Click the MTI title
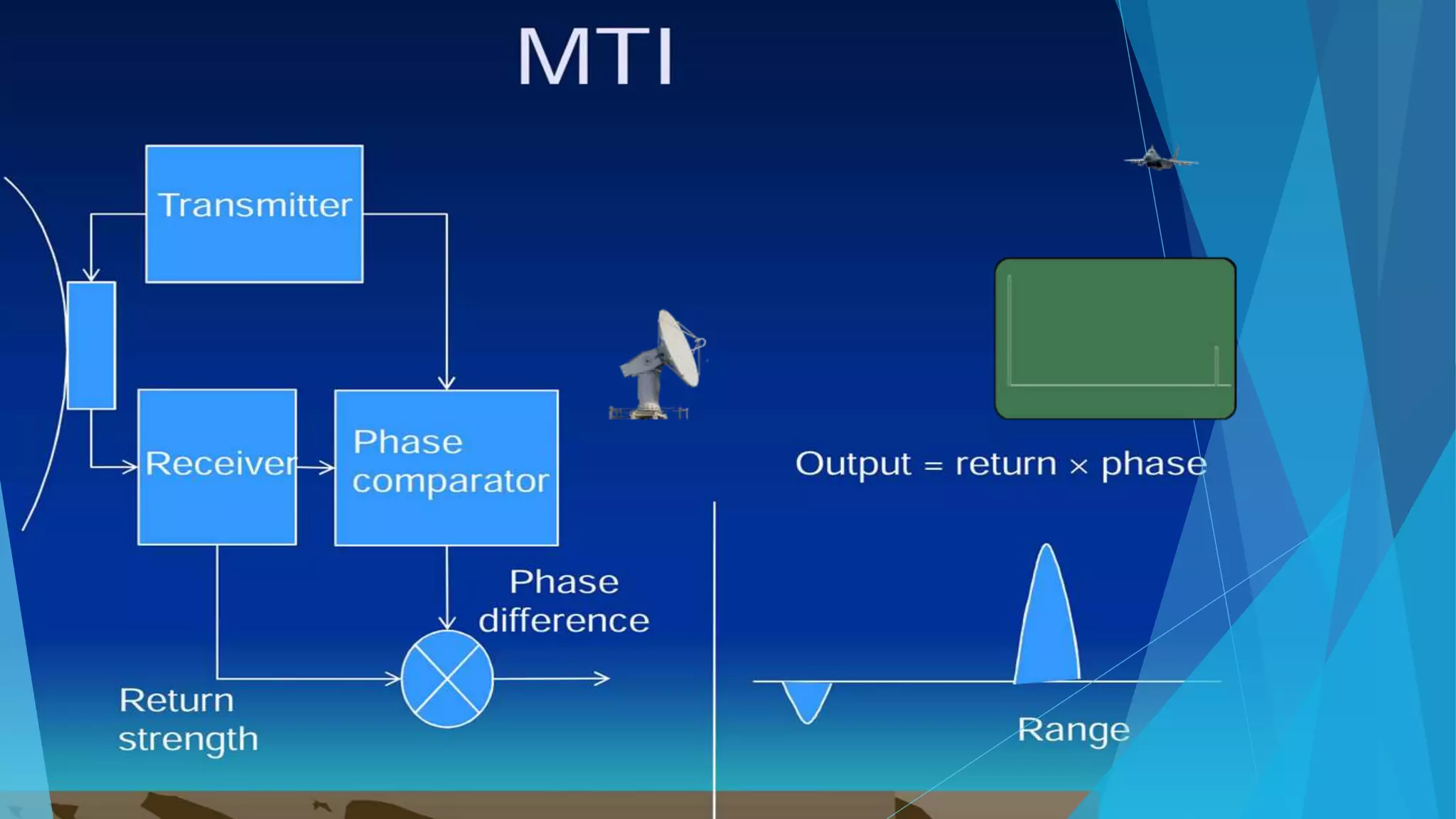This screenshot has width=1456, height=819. [596, 57]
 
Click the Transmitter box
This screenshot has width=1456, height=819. [255, 213]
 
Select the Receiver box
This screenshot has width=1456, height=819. [217, 466]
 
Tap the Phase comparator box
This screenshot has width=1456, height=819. [446, 466]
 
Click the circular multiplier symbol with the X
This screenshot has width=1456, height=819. [446, 678]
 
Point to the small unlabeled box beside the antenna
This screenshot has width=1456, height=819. [91, 345]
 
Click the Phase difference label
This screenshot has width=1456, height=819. [564, 601]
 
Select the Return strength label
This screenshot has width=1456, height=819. [186, 719]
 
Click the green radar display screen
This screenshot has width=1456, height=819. [1115, 338]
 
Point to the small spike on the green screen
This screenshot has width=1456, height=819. [1216, 365]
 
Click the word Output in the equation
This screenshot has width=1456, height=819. [852, 464]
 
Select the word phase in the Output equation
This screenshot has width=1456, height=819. [1153, 464]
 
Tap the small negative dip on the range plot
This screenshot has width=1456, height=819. [806, 700]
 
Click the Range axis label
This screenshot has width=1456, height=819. [1073, 730]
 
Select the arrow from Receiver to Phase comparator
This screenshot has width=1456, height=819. [316, 467]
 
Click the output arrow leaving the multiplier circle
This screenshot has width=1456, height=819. [552, 678]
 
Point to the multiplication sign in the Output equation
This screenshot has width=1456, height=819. [1078, 466]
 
